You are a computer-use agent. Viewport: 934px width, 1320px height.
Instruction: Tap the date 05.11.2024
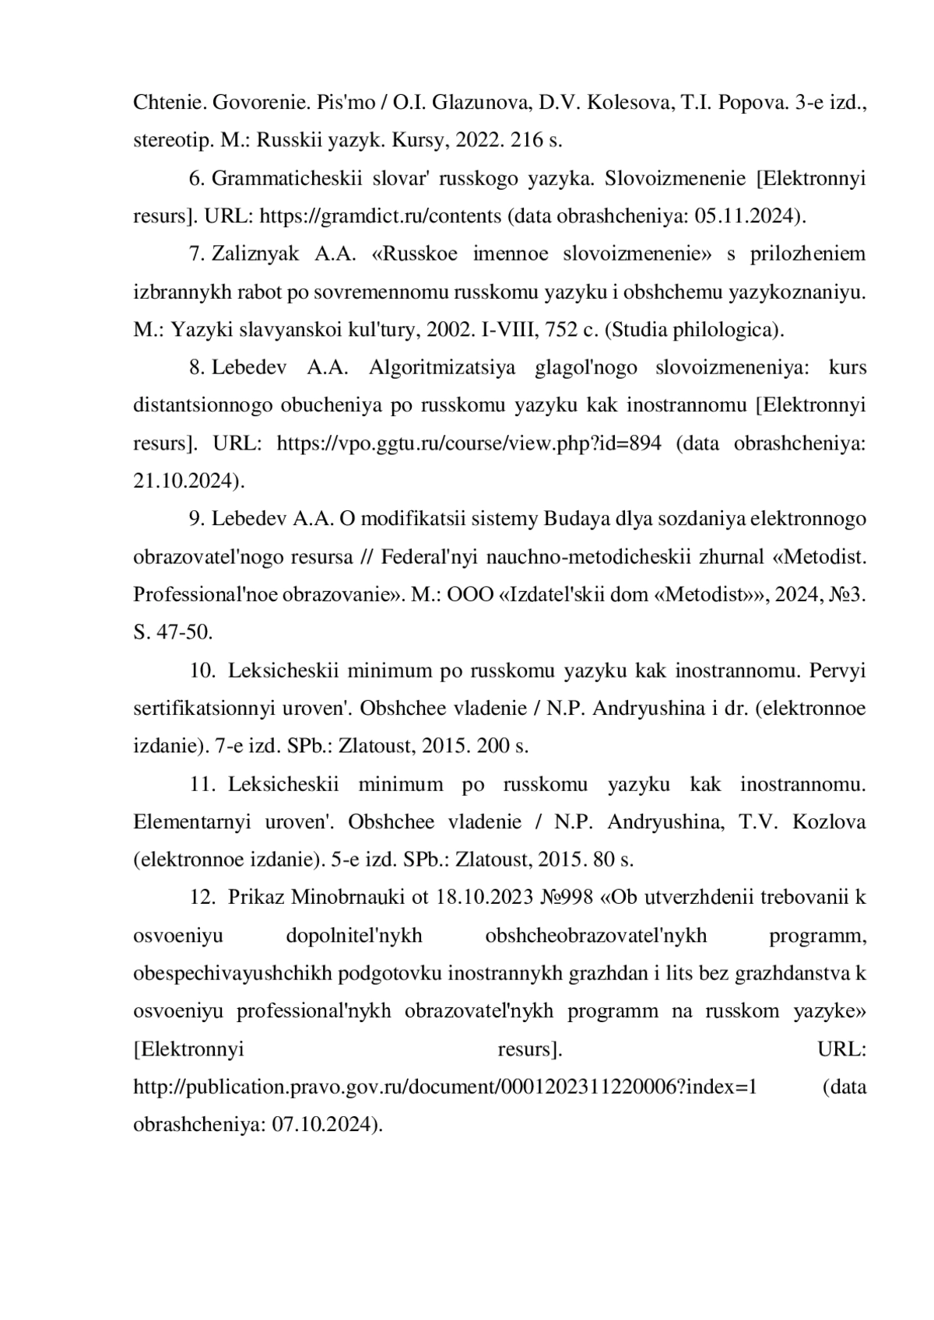point(749,216)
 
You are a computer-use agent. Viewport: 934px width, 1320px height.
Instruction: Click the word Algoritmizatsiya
point(441,367)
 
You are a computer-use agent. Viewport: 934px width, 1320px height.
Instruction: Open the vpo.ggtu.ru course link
point(469,443)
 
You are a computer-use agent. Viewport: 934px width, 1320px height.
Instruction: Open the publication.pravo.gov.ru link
point(445,1087)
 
